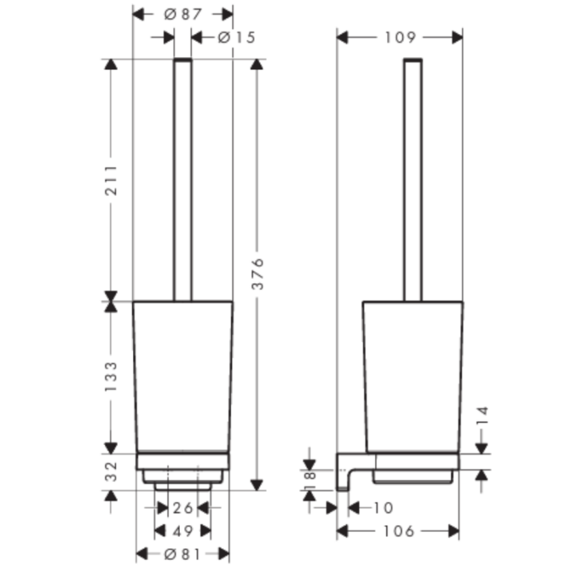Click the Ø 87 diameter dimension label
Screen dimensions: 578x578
pyautogui.click(x=182, y=14)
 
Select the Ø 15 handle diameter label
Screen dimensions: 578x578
pyautogui.click(x=236, y=37)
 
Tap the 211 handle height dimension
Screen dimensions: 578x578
pyautogui.click(x=111, y=180)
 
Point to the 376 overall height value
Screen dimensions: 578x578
pyautogui.click(x=258, y=274)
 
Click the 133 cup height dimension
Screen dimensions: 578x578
pyautogui.click(x=111, y=377)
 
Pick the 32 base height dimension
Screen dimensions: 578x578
pyautogui.click(x=111, y=471)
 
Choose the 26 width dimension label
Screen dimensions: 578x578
pyautogui.click(x=182, y=508)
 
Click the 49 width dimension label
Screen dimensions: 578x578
pyautogui.click(x=182, y=531)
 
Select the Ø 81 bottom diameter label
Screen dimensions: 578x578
pyautogui.click(x=182, y=554)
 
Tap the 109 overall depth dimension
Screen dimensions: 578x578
pyautogui.click(x=400, y=37)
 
